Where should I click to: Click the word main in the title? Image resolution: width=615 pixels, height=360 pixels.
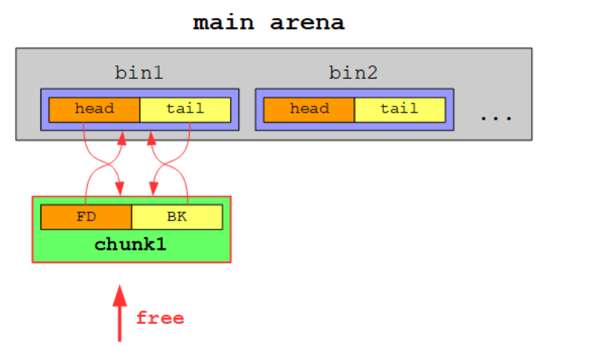click(x=222, y=22)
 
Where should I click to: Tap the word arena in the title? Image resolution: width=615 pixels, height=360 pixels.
click(x=307, y=22)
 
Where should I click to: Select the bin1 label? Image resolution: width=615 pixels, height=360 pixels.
click(x=139, y=73)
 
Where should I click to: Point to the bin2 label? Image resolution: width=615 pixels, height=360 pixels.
click(x=353, y=73)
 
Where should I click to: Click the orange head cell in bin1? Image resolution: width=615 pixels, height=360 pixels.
click(x=94, y=109)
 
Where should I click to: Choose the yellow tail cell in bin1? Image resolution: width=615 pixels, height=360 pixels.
click(x=185, y=109)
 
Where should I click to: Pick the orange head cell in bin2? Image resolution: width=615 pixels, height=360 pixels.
click(x=309, y=109)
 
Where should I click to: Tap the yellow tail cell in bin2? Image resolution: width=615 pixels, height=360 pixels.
click(x=400, y=109)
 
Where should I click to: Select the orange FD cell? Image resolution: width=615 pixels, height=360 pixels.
click(x=86, y=217)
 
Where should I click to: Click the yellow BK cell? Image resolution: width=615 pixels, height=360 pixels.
click(x=177, y=217)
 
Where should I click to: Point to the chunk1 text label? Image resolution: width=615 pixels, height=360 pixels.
click(x=130, y=245)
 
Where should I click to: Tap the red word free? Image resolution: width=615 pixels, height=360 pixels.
click(x=160, y=318)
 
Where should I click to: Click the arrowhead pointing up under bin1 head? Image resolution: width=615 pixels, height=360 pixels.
click(x=121, y=139)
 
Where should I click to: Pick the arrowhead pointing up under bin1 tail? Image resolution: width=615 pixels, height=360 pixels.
click(x=151, y=139)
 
